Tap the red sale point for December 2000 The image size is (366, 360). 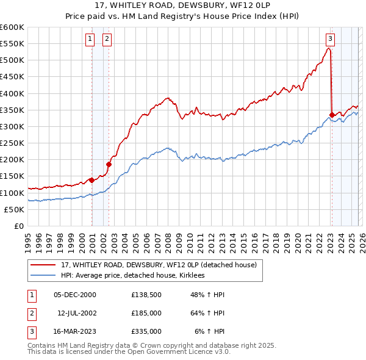(91, 180)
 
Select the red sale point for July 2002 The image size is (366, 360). (109, 164)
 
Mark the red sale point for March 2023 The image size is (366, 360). (332, 115)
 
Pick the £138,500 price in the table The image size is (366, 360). (146, 294)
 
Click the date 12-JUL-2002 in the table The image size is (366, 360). (76, 312)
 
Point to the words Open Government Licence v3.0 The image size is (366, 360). (183, 352)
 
